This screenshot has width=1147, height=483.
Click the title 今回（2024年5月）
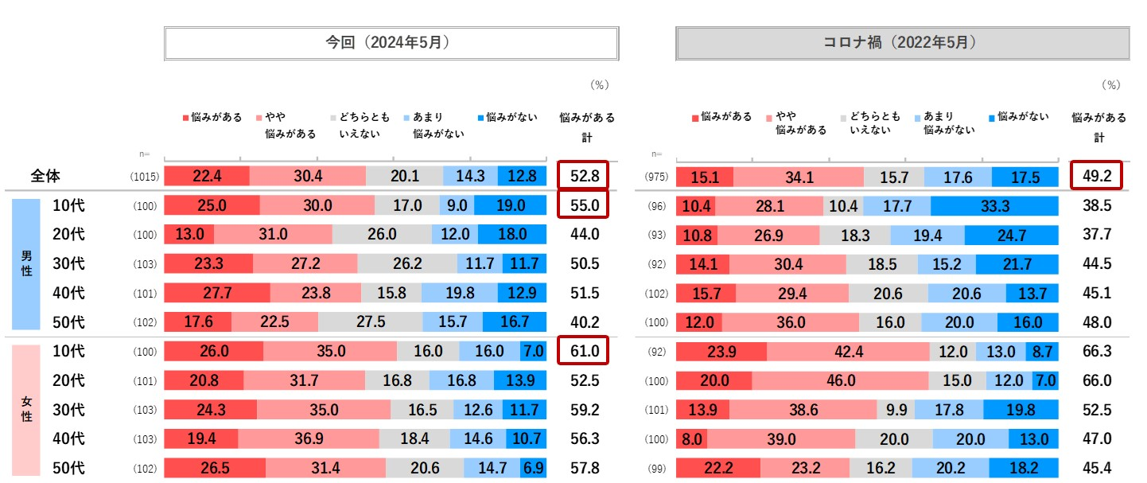tap(391, 43)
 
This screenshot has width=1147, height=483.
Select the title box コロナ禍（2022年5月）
tap(902, 43)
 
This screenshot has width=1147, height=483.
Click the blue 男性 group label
tap(25, 263)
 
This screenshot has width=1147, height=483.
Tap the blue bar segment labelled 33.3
tap(994, 205)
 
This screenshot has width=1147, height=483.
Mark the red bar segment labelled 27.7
tap(217, 293)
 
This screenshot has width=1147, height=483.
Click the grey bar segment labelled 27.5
tap(370, 322)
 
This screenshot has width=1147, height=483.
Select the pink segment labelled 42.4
tap(848, 351)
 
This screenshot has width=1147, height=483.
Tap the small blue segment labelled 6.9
tap(534, 468)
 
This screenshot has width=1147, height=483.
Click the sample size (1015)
tap(146, 177)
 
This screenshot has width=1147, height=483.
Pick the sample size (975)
tap(657, 177)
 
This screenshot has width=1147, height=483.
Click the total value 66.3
tap(1097, 351)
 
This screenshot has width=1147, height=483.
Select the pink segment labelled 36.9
tap(308, 438)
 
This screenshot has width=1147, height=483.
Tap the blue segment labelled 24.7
tap(1011, 235)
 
